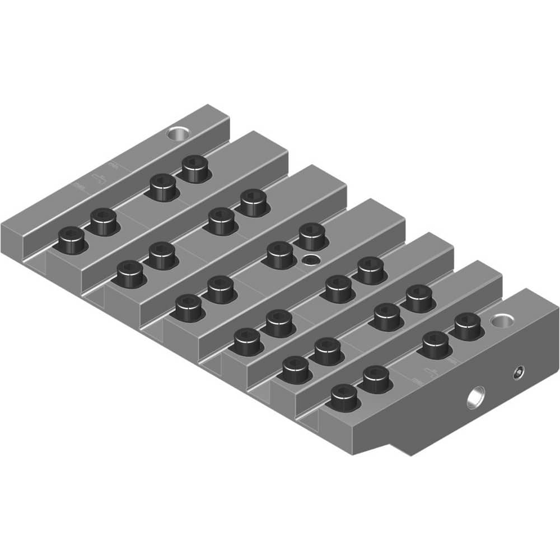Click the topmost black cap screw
[x=194, y=167]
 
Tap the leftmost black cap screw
[x=71, y=241]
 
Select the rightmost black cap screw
[x=468, y=325]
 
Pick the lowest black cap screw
[x=343, y=398]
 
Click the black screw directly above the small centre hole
[x=312, y=236]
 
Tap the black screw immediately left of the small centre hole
[x=279, y=254]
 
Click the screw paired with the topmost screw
[x=162, y=186]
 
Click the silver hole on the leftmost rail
[x=179, y=134]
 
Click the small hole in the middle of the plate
[x=309, y=259]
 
